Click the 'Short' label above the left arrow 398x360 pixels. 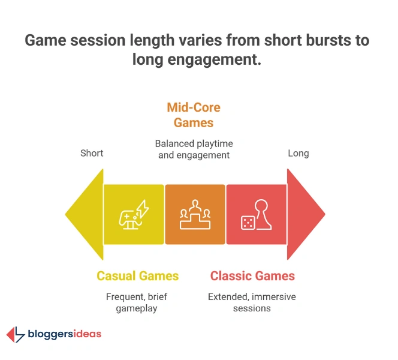coord(92,153)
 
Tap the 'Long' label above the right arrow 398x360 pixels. coord(298,153)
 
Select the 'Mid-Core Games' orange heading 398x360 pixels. coord(194,115)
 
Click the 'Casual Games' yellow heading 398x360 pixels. coord(138,276)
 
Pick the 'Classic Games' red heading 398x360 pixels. coord(252,276)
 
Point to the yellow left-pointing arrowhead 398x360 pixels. coord(84,214)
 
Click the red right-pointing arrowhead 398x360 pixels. coord(306,214)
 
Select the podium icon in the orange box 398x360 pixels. coord(195,215)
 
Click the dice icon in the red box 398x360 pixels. coord(246,223)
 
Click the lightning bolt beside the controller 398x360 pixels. coord(143,208)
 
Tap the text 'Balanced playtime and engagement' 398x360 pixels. coord(194,149)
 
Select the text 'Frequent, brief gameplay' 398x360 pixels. coord(137,302)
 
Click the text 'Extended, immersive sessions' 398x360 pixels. coord(252,302)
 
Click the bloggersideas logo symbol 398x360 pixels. coord(16,335)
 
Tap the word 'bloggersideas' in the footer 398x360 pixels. coord(65,334)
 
